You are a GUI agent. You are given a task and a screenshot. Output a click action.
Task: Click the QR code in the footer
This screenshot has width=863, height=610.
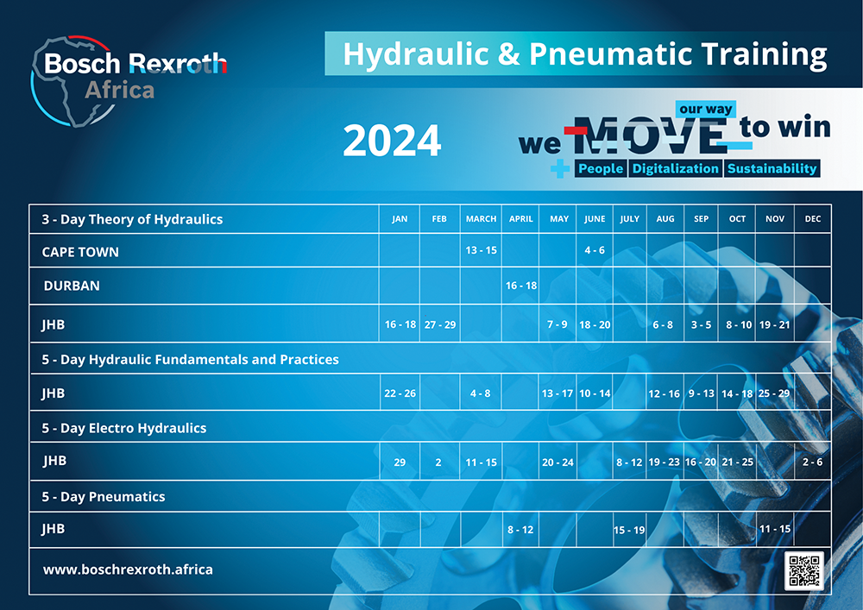click(x=804, y=570)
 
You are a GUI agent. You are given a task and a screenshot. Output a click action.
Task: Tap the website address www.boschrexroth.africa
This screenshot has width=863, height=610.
click(x=128, y=569)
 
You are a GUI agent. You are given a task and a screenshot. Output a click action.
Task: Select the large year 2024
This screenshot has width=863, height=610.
click(x=392, y=141)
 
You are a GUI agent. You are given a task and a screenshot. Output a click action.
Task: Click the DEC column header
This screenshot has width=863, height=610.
click(x=812, y=219)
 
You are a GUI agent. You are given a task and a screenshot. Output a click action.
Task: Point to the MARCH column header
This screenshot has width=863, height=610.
click(x=481, y=219)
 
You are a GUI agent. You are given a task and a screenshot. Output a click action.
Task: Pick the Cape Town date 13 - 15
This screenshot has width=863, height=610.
click(x=481, y=250)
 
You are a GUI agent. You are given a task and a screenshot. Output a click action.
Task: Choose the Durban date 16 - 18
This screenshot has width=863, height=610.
click(x=520, y=286)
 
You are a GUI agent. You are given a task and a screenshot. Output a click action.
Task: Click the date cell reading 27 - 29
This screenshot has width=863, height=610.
click(x=440, y=324)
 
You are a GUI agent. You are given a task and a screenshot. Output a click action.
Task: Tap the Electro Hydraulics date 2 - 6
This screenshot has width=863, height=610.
click(x=812, y=462)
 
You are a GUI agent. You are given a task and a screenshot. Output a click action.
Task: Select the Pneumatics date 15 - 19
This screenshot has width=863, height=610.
click(x=629, y=531)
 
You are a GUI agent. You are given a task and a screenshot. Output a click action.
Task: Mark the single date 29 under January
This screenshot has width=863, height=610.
click(x=400, y=462)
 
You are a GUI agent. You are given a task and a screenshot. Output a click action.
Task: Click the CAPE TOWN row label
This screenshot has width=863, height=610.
click(x=80, y=252)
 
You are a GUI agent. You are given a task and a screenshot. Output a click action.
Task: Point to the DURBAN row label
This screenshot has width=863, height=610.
click(x=72, y=286)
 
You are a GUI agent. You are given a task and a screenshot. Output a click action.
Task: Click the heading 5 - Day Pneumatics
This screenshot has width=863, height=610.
click(x=104, y=497)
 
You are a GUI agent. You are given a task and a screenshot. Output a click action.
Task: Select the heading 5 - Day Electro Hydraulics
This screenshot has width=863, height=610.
click(x=123, y=428)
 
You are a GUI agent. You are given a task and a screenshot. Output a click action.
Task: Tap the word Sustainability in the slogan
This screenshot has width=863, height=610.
click(x=772, y=169)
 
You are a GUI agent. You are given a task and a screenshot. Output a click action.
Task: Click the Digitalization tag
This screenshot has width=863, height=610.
click(x=676, y=169)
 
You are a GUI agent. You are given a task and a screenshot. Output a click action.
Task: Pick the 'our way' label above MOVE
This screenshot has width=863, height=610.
click(x=706, y=109)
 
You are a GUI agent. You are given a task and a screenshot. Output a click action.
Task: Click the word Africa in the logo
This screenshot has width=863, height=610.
click(x=119, y=91)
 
